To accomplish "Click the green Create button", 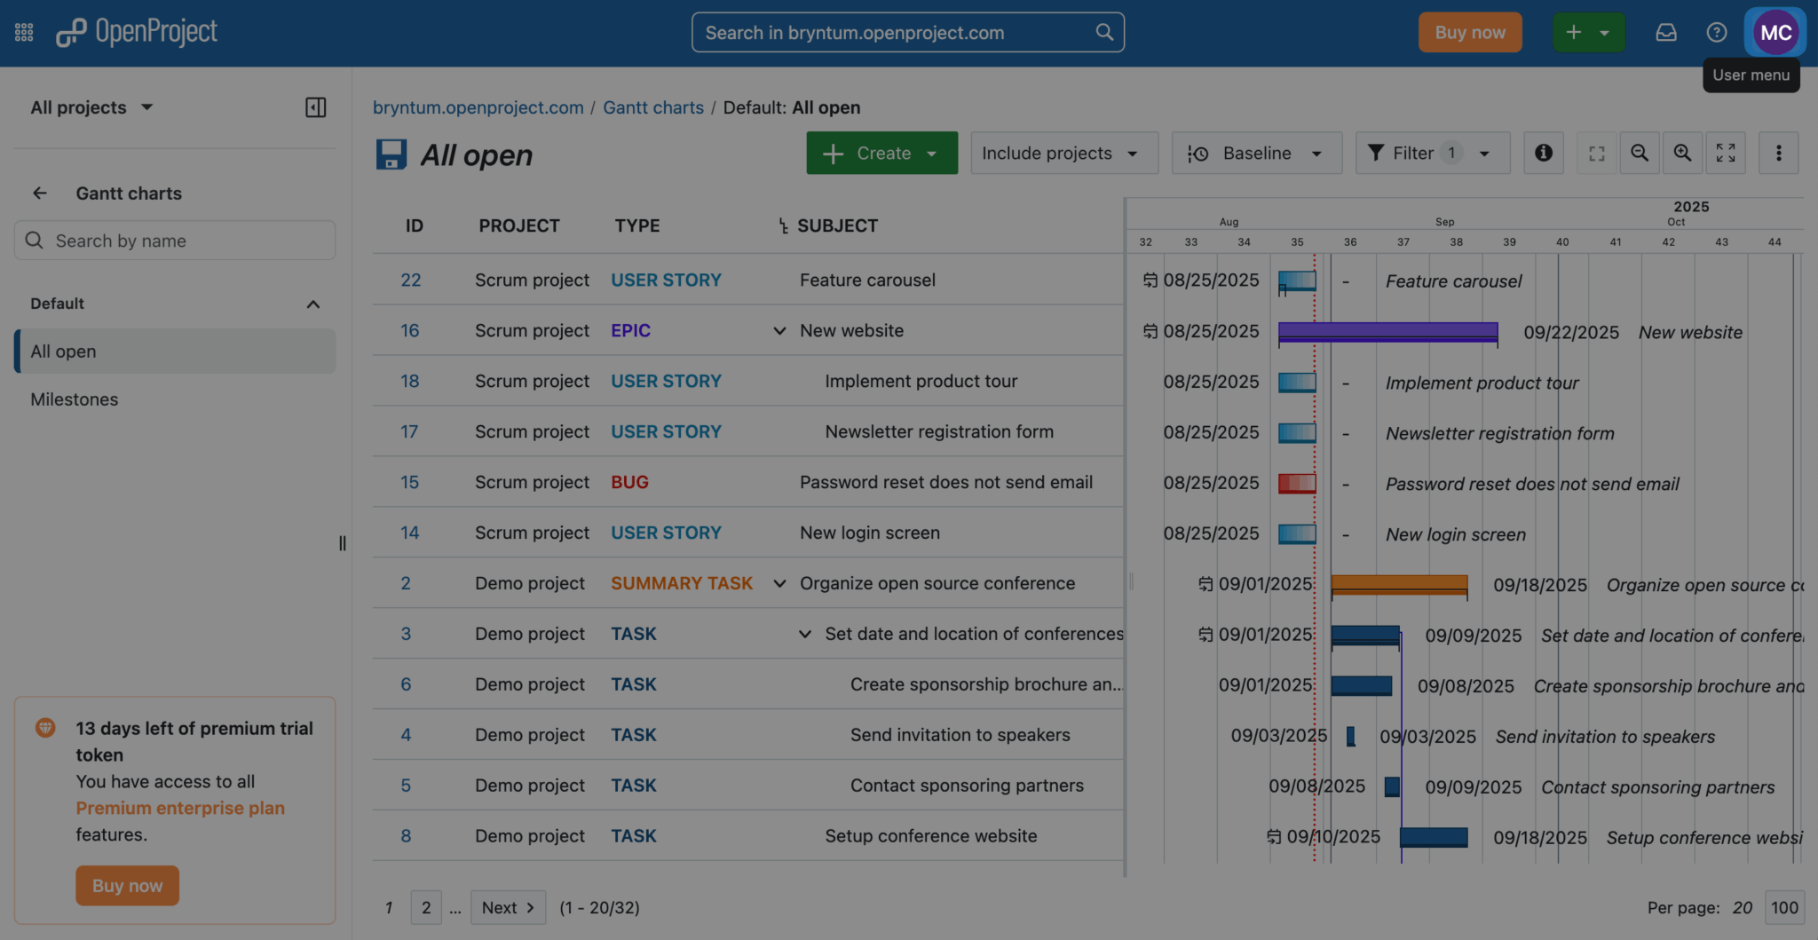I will click(881, 154).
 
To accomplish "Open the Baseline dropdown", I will click(1256, 154).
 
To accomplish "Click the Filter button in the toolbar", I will click(1431, 154).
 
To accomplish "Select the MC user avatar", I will click(1775, 33).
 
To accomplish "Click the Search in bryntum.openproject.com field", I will click(897, 33).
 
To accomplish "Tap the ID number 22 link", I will click(410, 280).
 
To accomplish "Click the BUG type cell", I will click(629, 483).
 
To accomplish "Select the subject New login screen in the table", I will click(869, 533).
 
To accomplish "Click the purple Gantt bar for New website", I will click(1387, 332).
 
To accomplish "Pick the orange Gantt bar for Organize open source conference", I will click(1398, 584).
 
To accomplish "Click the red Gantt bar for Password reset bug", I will click(1296, 484).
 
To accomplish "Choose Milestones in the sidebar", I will click(75, 399).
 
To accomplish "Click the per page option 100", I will click(1783, 908).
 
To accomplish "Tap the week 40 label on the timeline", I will click(1562, 242).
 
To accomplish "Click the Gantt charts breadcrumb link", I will click(652, 107).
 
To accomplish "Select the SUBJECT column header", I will click(837, 226).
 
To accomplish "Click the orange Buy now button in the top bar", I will click(1469, 33).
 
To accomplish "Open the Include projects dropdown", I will click(1063, 154).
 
